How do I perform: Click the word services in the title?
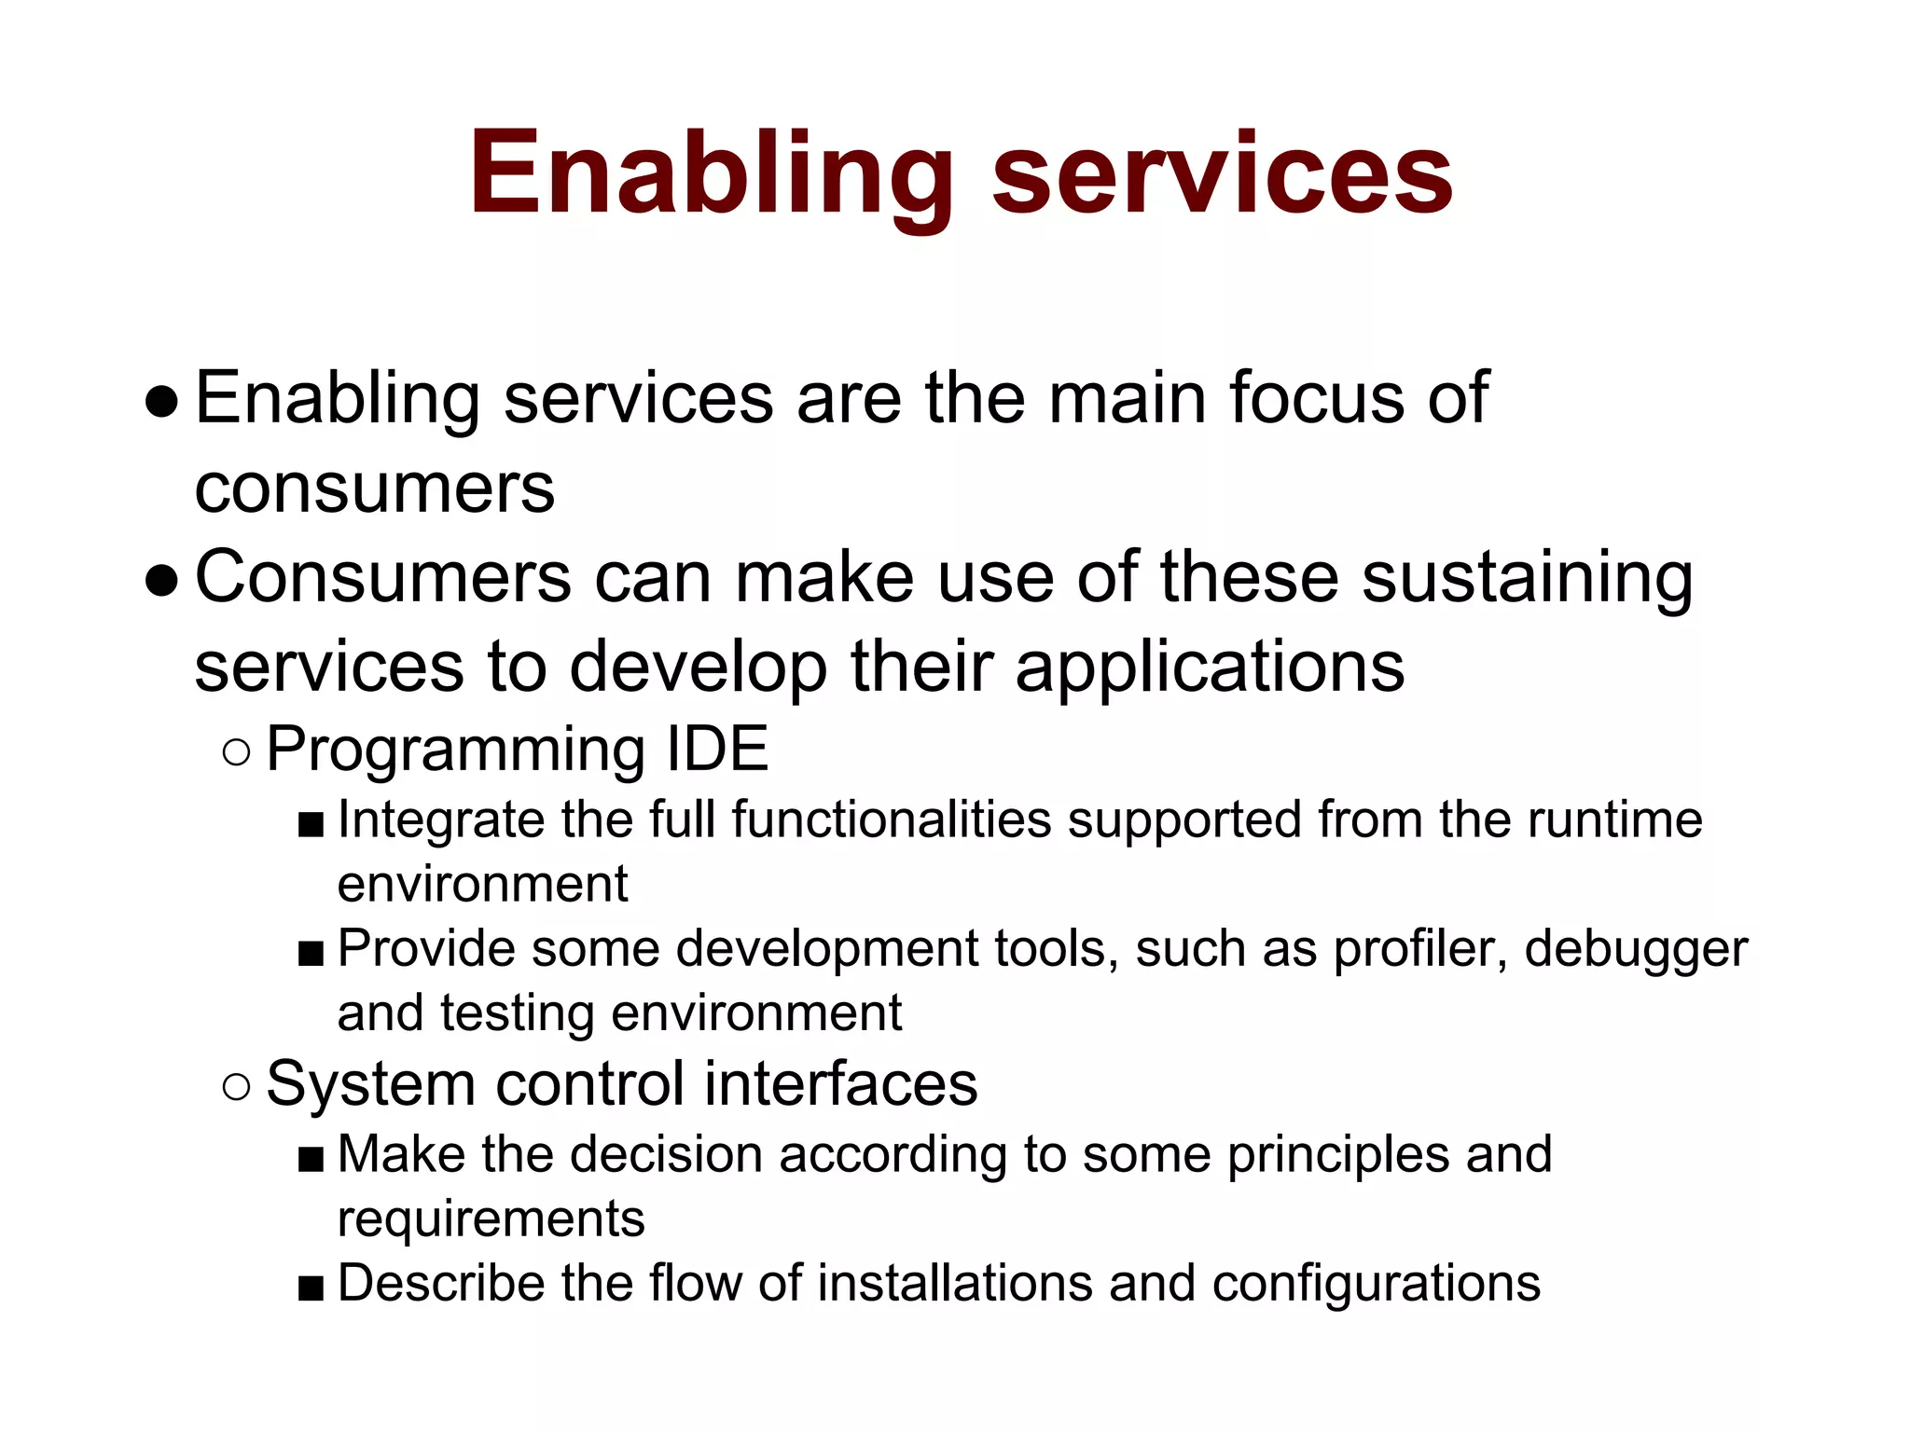[x=1222, y=175]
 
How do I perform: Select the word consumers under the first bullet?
[x=375, y=489]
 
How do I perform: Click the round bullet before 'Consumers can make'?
[x=162, y=580]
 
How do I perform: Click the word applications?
[x=1210, y=668]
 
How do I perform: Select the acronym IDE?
[x=717, y=749]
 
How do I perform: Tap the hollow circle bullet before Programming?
[x=237, y=752]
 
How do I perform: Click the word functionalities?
[x=892, y=820]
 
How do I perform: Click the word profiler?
[x=1419, y=949]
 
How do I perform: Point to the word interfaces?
[x=840, y=1084]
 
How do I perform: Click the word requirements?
[x=491, y=1219]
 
